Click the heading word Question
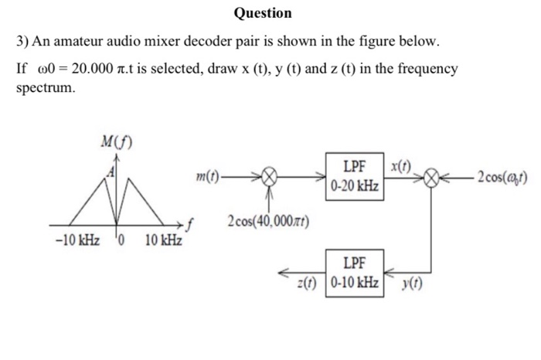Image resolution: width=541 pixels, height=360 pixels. [263, 13]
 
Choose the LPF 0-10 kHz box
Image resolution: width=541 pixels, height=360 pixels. [354, 271]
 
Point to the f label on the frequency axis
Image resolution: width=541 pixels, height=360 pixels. [189, 223]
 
